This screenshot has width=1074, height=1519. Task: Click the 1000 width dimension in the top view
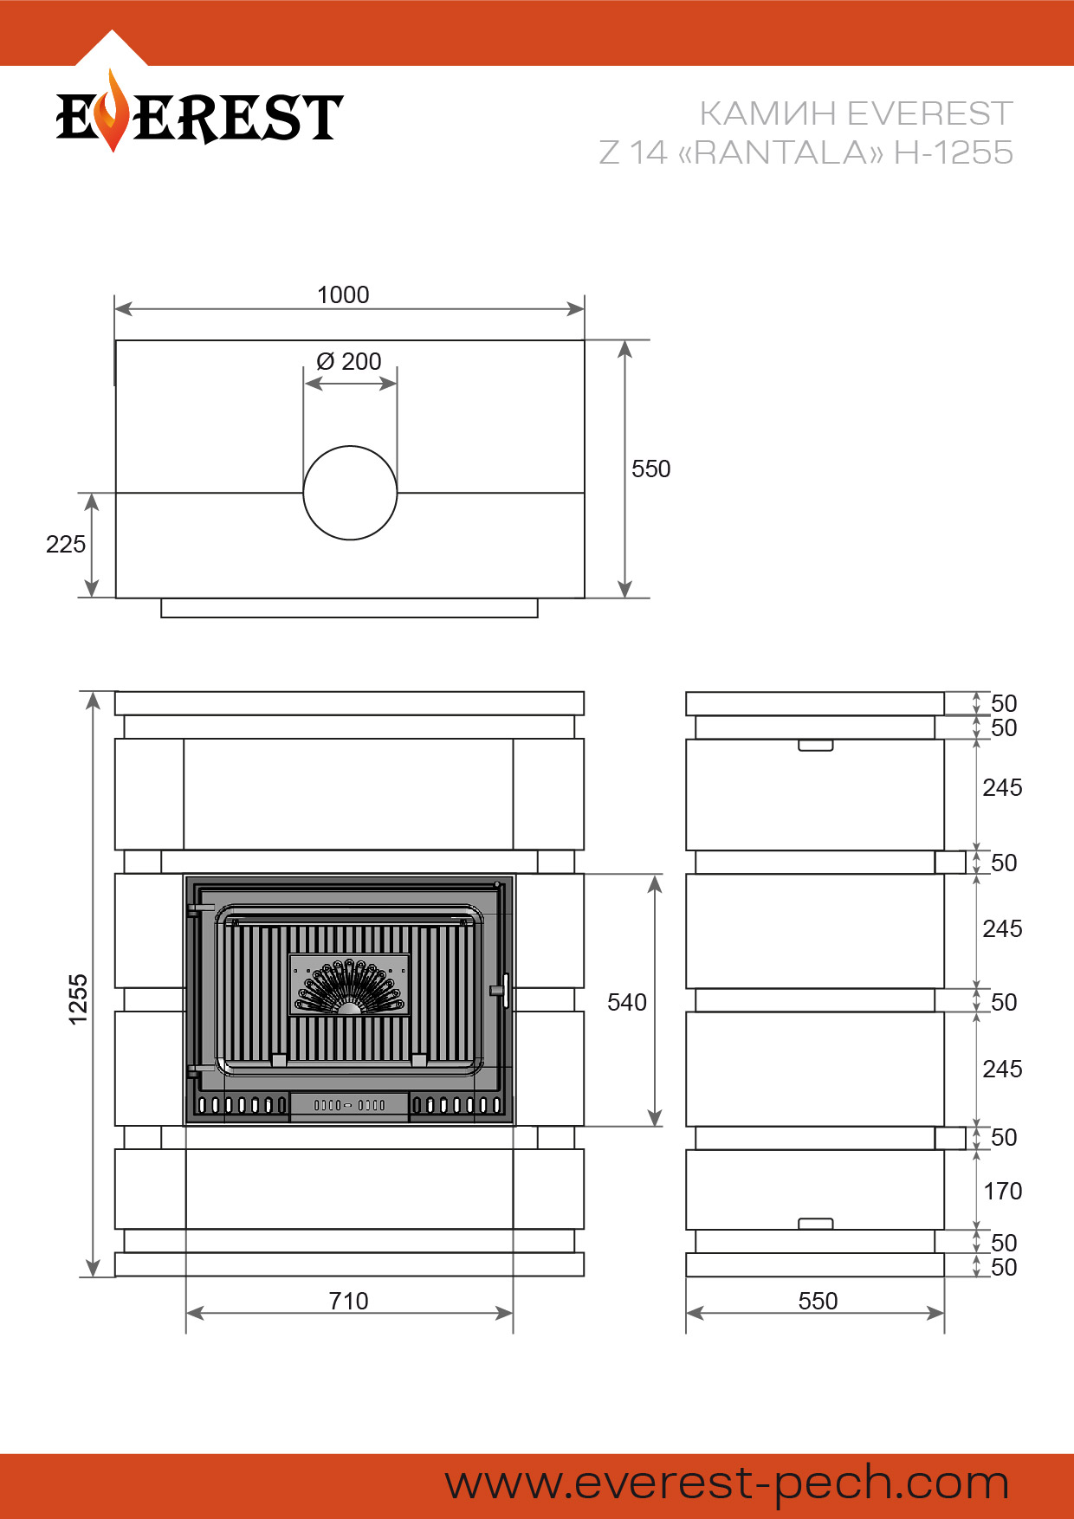pyautogui.click(x=343, y=295)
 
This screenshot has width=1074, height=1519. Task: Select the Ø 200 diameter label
pyautogui.click(x=349, y=361)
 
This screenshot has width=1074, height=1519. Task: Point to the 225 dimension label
pyautogui.click(x=66, y=544)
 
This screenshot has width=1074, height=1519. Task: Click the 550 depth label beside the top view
pyautogui.click(x=651, y=469)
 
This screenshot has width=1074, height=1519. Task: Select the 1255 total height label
pyautogui.click(x=78, y=999)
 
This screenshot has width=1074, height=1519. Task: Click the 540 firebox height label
pyautogui.click(x=627, y=1002)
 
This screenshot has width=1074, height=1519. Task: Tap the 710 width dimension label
pyautogui.click(x=349, y=1301)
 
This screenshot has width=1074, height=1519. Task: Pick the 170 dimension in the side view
pyautogui.click(x=1003, y=1191)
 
